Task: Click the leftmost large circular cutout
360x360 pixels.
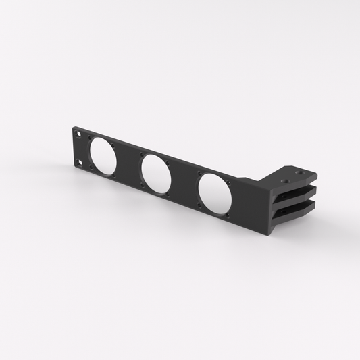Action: pyautogui.click(x=102, y=156)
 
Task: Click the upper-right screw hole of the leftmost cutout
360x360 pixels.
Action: pyautogui.click(x=113, y=145)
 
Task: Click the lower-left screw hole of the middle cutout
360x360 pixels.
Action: pyautogui.click(x=142, y=185)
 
